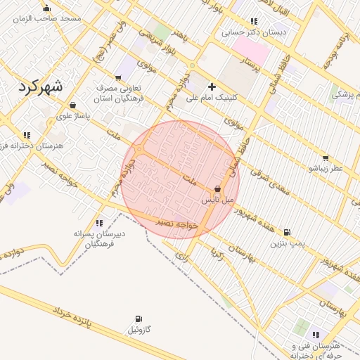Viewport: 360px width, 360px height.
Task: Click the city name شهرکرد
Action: tap(39, 87)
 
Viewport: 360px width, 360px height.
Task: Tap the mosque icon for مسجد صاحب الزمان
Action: tap(46, 8)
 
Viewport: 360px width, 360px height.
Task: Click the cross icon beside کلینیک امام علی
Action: tap(212, 86)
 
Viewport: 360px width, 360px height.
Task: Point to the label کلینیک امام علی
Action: tap(212, 98)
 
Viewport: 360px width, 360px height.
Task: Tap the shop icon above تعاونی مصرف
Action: tap(117, 79)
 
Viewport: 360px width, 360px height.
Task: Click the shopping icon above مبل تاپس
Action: tap(217, 189)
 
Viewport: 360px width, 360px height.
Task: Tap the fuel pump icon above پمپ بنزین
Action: tap(287, 232)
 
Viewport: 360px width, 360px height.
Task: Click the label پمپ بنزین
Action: tap(287, 243)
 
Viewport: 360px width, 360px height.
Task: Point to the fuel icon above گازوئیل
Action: tap(138, 319)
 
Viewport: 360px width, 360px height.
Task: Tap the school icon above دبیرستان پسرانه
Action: tap(98, 223)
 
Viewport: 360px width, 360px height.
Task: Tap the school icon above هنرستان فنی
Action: tap(314, 335)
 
